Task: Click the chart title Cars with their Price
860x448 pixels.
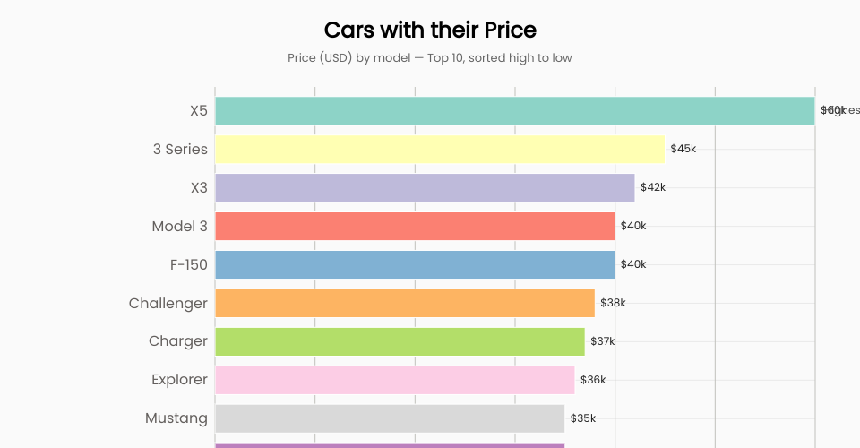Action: click(430, 30)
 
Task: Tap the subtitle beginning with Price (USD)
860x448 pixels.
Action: click(430, 57)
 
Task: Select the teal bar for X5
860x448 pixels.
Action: click(514, 111)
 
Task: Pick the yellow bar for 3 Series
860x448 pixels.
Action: click(439, 149)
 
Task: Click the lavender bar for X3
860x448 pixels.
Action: click(425, 187)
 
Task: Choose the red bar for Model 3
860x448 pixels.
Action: click(415, 226)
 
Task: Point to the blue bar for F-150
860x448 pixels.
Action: click(415, 264)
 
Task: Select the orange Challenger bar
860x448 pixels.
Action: click(405, 303)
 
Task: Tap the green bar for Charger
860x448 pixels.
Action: click(400, 341)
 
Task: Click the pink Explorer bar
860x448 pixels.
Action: click(394, 380)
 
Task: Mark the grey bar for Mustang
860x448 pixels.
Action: click(390, 418)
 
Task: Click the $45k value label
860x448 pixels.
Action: click(683, 149)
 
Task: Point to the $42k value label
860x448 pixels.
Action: click(653, 187)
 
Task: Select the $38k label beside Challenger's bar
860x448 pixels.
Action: click(613, 303)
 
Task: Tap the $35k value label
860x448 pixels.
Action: click(583, 418)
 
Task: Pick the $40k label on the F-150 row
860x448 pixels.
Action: click(633, 264)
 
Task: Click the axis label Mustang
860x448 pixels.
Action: click(176, 418)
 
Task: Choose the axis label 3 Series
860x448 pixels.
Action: click(180, 149)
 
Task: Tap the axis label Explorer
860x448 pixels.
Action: click(179, 380)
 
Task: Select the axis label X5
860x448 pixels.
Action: click(199, 111)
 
